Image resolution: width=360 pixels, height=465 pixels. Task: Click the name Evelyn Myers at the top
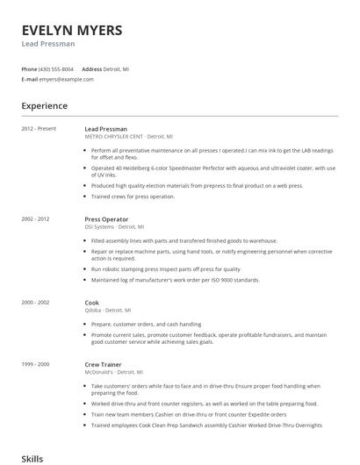(72, 30)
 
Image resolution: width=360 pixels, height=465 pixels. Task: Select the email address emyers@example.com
(66, 79)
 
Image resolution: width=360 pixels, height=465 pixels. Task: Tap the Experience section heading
(44, 106)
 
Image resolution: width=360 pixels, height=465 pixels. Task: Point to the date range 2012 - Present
(37, 129)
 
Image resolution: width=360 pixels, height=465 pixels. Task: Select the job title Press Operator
(106, 218)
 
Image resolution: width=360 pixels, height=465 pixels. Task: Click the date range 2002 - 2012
(35, 218)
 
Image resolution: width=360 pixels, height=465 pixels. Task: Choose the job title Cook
(92, 302)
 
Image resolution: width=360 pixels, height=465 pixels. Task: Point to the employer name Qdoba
(94, 310)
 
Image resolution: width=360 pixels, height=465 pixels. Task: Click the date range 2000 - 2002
(35, 302)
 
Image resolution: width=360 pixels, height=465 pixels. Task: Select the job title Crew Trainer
(103, 362)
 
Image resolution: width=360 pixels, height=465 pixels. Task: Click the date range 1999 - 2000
(35, 362)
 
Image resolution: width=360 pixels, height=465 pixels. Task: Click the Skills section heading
(32, 458)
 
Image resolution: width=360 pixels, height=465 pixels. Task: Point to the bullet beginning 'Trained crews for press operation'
(133, 197)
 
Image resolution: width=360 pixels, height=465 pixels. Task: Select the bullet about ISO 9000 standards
(175, 280)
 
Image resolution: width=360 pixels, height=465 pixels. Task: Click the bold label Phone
(29, 68)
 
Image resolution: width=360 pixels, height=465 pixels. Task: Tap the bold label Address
(92, 68)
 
